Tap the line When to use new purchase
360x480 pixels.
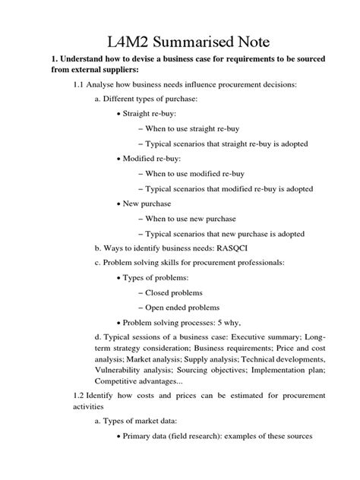click(x=197, y=218)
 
